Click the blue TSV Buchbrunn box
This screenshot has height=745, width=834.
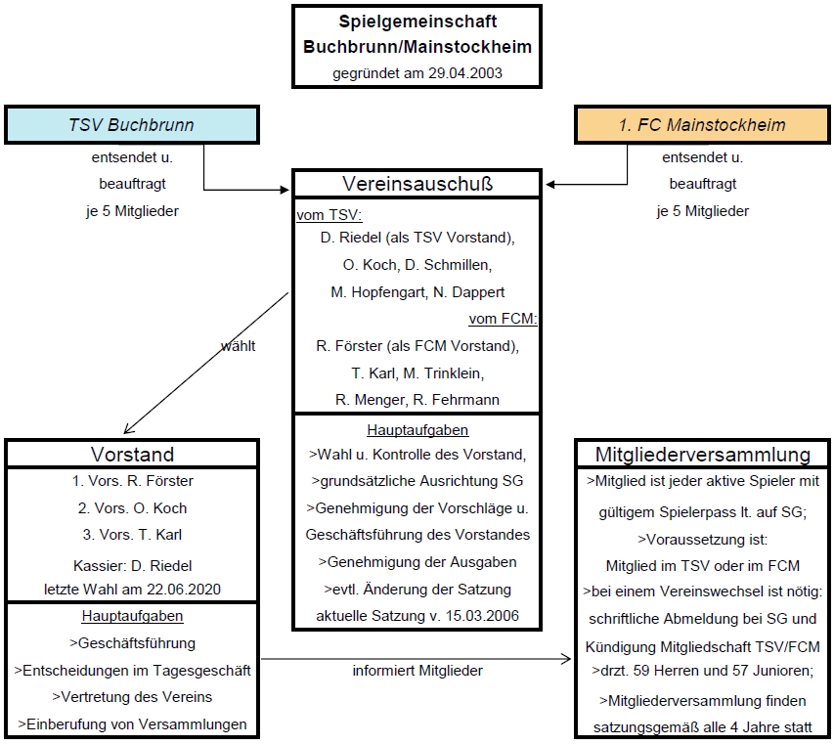[131, 125]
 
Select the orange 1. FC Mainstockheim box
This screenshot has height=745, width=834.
[702, 125]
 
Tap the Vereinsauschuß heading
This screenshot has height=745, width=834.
[417, 184]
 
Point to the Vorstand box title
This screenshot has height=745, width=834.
[132, 454]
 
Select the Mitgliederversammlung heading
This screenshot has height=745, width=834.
[703, 454]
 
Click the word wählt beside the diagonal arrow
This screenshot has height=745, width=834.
[239, 345]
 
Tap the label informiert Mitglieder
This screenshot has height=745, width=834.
[417, 671]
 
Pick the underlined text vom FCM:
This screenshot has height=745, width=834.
[504, 319]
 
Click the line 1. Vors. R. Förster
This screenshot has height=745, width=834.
[132, 481]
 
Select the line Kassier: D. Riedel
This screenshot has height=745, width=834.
[132, 565]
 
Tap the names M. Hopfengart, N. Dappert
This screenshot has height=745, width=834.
[417, 292]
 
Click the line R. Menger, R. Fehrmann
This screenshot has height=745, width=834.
[417, 399]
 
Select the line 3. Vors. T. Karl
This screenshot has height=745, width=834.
[132, 535]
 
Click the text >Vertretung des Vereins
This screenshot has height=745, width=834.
[132, 697]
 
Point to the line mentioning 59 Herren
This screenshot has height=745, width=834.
[703, 672]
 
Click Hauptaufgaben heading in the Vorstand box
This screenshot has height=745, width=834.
[132, 617]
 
